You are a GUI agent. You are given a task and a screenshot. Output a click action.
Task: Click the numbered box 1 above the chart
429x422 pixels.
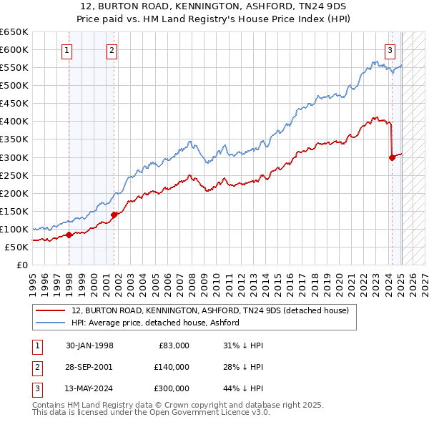[x=66, y=50]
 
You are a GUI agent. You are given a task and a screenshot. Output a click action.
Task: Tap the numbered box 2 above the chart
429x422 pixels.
[x=112, y=50]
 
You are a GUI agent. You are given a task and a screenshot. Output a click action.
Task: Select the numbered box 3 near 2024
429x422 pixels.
[x=390, y=50]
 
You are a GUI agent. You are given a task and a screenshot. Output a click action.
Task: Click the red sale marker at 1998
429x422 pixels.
[x=69, y=235]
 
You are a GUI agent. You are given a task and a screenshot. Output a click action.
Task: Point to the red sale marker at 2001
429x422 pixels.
[x=114, y=214]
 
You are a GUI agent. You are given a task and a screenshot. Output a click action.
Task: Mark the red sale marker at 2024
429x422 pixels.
[x=392, y=157]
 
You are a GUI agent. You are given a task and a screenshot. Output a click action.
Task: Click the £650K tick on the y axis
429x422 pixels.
[x=14, y=32]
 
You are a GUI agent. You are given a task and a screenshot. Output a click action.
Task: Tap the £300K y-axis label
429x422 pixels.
[x=14, y=157]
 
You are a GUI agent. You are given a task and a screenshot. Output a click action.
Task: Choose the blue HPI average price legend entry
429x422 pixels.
[x=154, y=323]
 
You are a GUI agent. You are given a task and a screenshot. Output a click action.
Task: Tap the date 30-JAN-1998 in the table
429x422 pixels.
[x=89, y=345]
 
